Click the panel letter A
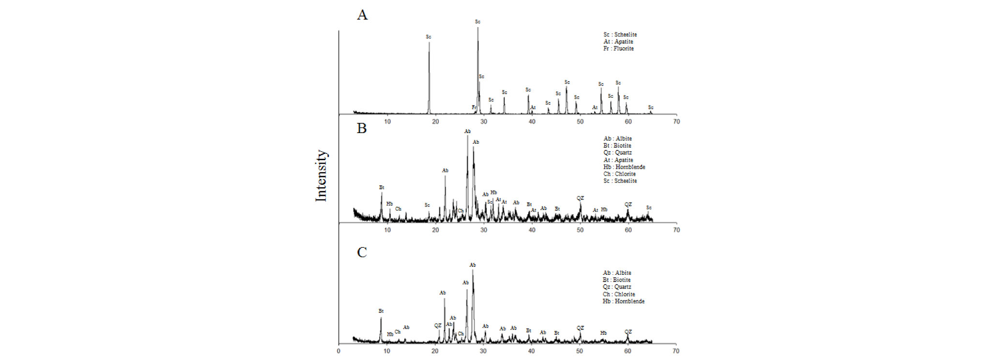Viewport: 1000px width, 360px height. (362, 15)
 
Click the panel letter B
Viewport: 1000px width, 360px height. (361, 128)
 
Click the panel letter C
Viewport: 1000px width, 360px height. (361, 252)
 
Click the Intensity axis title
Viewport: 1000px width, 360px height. (321, 176)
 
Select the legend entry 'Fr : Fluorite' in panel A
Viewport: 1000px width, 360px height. (618, 48)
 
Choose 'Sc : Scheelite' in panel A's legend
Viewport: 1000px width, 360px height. (620, 34)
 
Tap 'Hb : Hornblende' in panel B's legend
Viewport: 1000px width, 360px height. (624, 167)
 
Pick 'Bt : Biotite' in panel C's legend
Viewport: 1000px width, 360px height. (616, 280)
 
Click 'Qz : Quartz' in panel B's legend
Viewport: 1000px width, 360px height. (617, 152)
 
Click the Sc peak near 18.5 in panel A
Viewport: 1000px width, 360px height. (429, 44)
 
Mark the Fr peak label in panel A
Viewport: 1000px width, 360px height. (474, 107)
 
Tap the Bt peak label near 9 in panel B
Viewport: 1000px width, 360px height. (382, 187)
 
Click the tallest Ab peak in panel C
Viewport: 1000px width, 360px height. (473, 271)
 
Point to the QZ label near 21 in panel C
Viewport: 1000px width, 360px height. (438, 326)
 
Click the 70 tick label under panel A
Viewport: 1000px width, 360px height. (676, 121)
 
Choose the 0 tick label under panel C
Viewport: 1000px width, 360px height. (339, 351)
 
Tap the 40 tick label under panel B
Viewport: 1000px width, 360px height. (532, 230)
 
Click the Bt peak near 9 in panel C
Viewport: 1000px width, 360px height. (381, 319)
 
